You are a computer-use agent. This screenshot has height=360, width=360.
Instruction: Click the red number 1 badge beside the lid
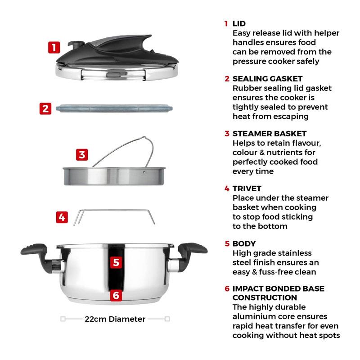coord(54,48)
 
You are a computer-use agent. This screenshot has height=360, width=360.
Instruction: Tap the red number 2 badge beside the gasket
coord(45,108)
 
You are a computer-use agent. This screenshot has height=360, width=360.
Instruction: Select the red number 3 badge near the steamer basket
coord(82,155)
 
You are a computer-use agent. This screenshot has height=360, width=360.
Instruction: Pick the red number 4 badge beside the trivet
coord(62,217)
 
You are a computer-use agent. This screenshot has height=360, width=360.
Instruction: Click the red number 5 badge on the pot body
coord(116,262)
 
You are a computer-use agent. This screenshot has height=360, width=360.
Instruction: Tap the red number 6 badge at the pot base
coord(116,295)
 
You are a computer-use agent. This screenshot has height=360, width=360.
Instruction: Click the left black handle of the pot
coord(39,256)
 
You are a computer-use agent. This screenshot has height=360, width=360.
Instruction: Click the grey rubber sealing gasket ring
coord(114,108)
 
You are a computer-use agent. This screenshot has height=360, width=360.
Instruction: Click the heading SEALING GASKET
coord(267,79)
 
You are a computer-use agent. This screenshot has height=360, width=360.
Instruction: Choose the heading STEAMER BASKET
coord(270,134)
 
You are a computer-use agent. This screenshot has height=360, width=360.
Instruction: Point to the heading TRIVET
coord(247,189)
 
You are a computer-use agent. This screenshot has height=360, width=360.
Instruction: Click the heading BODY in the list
coord(244,243)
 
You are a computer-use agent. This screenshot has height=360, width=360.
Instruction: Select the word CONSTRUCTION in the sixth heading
coord(265,297)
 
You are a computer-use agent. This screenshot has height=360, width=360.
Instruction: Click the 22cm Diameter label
coord(115,319)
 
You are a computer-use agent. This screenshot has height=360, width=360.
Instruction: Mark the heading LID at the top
coord(239,24)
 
